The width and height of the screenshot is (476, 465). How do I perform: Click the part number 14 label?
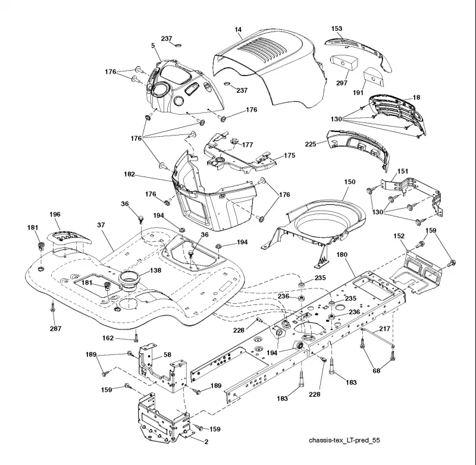[238, 29]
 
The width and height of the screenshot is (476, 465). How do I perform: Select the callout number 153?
[337, 29]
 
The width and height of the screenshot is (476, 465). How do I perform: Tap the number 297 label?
[342, 83]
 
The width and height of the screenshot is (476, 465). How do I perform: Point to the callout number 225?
[311, 144]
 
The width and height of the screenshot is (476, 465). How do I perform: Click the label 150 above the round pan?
[349, 182]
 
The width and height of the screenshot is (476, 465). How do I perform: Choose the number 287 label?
[55, 328]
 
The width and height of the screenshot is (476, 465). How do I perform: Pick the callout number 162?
[108, 338]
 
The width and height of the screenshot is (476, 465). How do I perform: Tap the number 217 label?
[384, 328]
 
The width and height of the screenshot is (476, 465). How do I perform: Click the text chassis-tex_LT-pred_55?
[345, 440]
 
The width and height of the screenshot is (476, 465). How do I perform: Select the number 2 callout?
[206, 442]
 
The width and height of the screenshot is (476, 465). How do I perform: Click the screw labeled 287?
[53, 309]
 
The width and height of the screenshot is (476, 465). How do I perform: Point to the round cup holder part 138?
[130, 281]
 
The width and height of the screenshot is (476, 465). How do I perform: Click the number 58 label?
[167, 354]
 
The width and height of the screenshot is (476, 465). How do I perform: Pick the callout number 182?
[130, 174]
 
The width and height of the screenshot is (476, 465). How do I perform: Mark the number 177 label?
[248, 144]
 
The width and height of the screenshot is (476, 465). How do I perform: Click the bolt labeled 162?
[136, 337]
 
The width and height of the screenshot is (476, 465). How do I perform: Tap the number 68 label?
[377, 370]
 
